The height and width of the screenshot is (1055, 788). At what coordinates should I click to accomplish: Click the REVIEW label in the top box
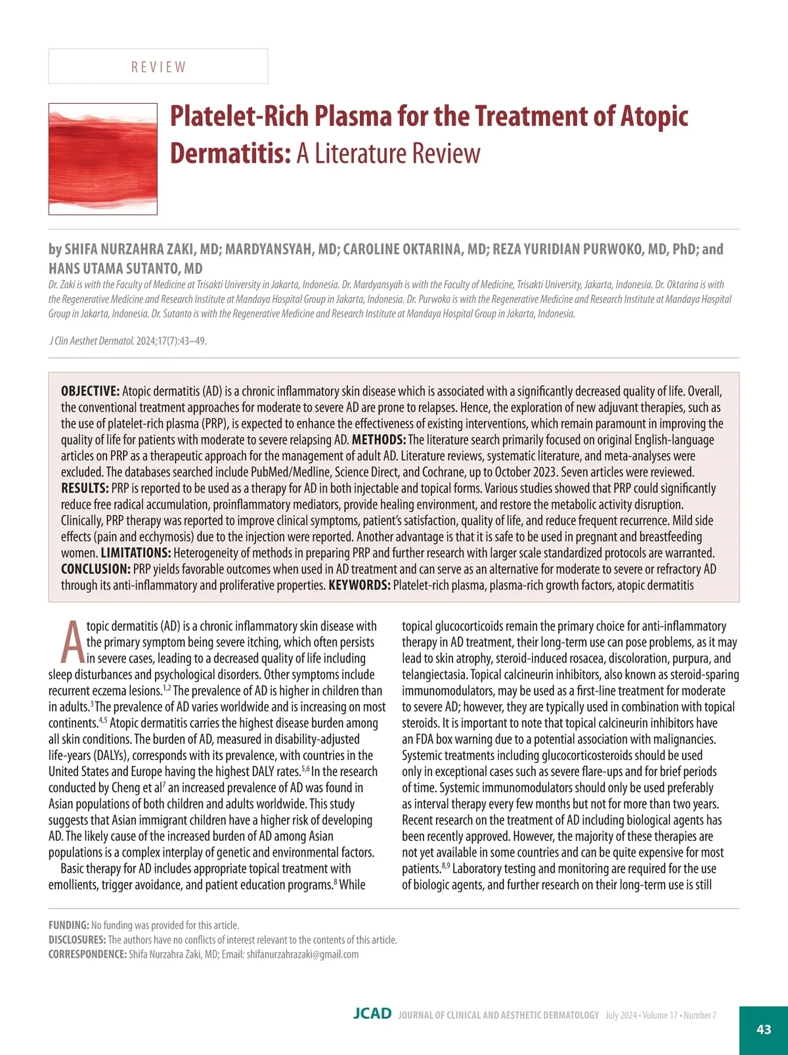point(158,67)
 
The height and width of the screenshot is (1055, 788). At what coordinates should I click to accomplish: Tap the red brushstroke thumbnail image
point(103,159)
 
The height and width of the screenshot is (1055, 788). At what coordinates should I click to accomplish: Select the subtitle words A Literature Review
point(388,154)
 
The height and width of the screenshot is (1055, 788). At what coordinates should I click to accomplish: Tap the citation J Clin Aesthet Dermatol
point(91,341)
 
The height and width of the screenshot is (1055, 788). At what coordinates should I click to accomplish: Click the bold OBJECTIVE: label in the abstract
point(90,392)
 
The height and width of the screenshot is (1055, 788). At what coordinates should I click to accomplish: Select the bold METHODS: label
point(379,440)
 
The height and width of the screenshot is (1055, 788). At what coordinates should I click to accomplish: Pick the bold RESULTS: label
point(85,489)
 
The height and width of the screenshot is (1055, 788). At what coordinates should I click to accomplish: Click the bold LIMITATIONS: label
point(136,553)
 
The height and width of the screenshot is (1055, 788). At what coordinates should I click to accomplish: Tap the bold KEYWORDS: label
point(359,585)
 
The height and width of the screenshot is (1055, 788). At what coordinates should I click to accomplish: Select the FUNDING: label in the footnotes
point(69,926)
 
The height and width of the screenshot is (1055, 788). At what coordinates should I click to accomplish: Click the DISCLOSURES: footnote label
point(77,940)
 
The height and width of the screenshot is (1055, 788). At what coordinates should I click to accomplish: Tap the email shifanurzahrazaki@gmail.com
point(303,954)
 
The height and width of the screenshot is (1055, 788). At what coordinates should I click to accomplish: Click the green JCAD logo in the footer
point(372,1014)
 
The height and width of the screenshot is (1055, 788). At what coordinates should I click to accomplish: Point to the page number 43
point(764,1029)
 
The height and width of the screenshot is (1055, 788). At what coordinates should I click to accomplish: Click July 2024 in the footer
point(621,1016)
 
